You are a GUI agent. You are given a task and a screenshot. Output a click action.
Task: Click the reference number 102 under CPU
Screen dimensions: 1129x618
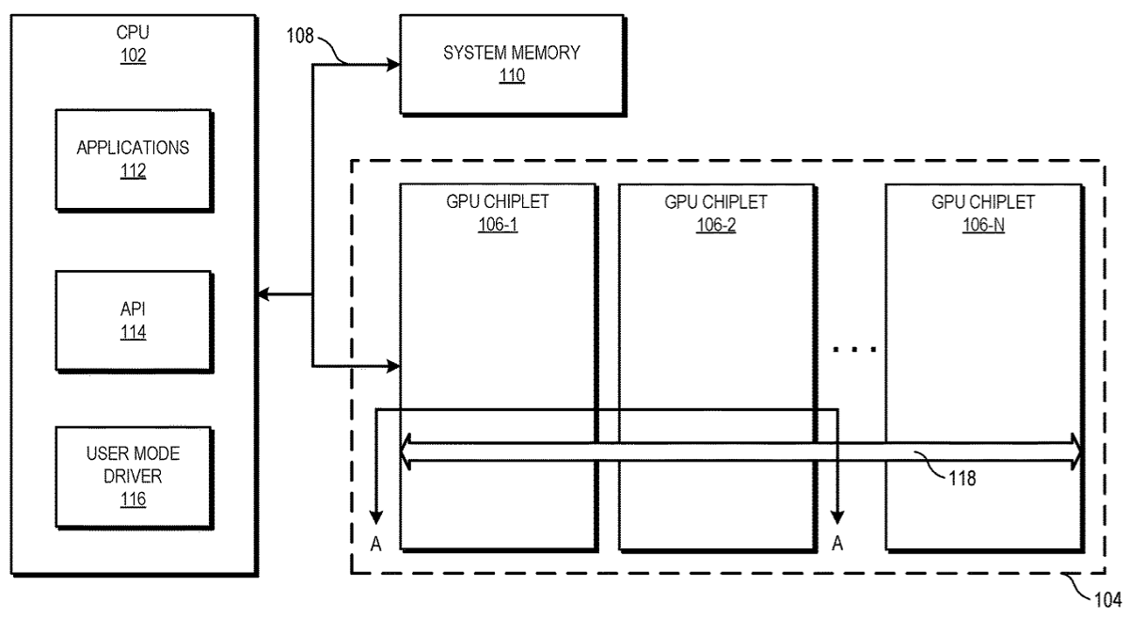[x=133, y=55]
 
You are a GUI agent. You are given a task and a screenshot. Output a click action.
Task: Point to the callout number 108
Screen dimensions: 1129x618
[x=300, y=36]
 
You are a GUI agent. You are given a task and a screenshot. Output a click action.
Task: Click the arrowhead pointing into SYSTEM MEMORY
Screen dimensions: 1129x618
[x=393, y=65]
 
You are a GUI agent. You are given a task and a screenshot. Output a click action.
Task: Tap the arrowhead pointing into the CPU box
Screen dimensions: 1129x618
[x=263, y=293]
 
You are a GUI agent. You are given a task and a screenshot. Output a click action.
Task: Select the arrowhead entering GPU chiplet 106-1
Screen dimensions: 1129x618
[x=393, y=366]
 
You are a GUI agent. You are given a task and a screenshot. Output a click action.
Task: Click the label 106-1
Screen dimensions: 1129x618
[x=498, y=224]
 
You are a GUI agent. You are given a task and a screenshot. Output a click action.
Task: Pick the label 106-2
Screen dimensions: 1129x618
[x=716, y=225]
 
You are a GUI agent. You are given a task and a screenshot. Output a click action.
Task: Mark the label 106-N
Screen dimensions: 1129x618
[x=983, y=225]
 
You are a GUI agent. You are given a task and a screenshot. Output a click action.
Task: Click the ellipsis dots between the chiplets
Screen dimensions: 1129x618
[x=855, y=349]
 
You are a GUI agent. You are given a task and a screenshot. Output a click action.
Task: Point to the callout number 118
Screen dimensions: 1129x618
[x=962, y=479]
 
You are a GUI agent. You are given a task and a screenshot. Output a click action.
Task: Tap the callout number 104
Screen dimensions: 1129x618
[x=1108, y=600]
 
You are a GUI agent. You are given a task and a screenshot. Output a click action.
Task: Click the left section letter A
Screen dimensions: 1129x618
[x=376, y=544]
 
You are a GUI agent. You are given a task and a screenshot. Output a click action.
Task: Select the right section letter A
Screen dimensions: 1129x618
[x=837, y=544]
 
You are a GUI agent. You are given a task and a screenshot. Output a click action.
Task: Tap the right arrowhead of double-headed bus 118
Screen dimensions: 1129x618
[x=1075, y=452]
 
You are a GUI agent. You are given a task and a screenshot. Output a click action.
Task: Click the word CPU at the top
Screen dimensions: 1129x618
[x=133, y=32]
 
